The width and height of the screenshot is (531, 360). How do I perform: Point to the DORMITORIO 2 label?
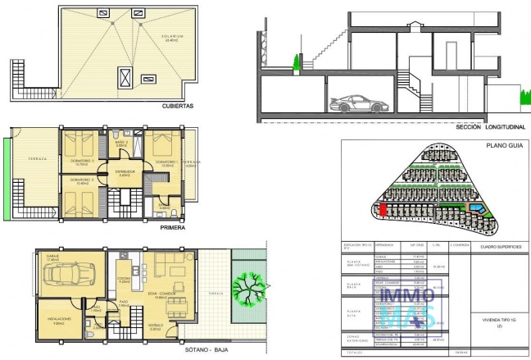(x=79, y=159)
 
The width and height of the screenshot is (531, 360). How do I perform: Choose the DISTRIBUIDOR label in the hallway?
(x=125, y=172)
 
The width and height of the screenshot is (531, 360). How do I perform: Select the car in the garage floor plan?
(x=70, y=273)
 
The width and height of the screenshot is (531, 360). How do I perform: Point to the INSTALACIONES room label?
(x=59, y=319)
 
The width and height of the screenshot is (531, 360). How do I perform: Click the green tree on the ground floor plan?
(x=248, y=287)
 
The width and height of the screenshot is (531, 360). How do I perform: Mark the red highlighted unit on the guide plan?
(x=382, y=209)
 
